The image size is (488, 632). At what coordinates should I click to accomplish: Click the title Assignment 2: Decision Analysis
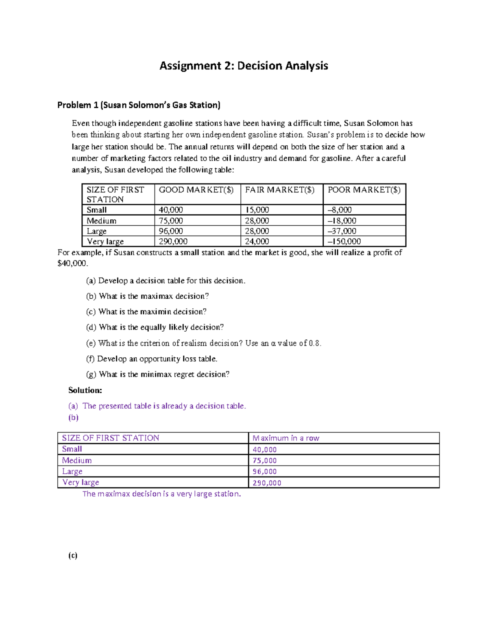click(x=244, y=66)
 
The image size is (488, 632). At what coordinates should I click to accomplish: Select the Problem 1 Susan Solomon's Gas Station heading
click(x=139, y=105)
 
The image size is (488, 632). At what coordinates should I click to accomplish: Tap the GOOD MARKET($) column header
click(x=196, y=190)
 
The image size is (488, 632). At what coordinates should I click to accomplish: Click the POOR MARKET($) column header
click(x=364, y=190)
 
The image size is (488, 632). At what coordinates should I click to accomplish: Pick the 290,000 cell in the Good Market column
click(x=173, y=241)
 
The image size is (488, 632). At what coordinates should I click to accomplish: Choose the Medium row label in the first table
click(x=101, y=221)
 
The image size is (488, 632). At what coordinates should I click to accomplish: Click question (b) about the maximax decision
click(x=147, y=296)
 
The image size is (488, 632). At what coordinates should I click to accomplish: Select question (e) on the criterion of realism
click(x=204, y=343)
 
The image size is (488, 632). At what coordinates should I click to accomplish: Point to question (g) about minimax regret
click(x=158, y=374)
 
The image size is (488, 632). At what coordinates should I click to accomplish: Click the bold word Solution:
click(x=85, y=390)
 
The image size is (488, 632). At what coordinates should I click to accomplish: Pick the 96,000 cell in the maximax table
click(x=264, y=471)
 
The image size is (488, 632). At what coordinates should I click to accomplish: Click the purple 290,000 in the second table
click(x=267, y=483)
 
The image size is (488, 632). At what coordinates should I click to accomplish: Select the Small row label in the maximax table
click(x=72, y=449)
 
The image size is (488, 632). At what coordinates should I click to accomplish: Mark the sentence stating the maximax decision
click(x=161, y=494)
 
